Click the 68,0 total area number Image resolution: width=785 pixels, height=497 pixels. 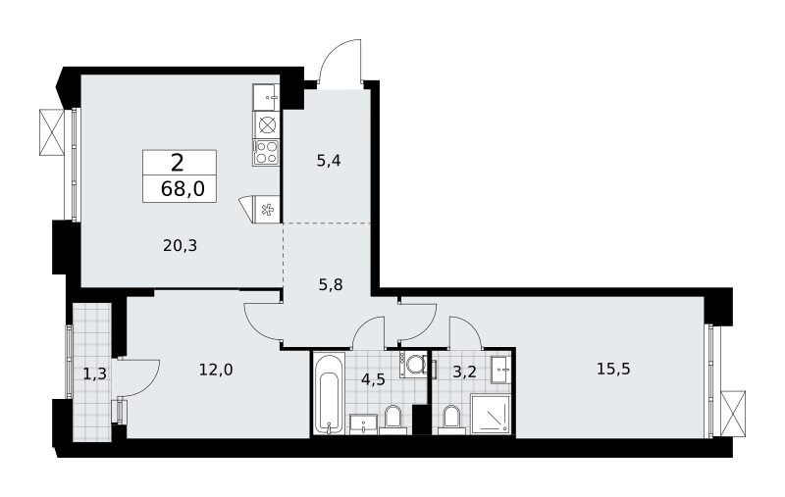point(183,189)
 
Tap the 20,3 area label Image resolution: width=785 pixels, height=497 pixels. point(181,245)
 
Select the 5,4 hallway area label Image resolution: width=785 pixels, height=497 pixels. point(329,161)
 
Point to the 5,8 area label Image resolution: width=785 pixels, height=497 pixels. point(331,285)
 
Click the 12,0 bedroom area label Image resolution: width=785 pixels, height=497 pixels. point(216,370)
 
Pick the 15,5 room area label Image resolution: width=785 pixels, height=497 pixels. point(613,369)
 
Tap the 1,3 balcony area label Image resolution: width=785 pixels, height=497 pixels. point(94,373)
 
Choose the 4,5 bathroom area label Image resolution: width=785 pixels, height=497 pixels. point(373,379)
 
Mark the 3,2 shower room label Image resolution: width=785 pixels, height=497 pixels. point(464,373)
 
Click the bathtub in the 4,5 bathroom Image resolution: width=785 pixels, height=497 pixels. point(330,392)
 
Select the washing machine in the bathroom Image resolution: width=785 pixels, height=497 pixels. point(413,364)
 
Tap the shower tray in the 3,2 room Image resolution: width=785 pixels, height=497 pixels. point(490,414)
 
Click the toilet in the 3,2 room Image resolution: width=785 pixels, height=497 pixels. point(451,419)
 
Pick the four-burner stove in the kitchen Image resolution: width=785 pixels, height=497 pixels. point(266,153)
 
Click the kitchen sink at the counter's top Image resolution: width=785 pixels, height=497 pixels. point(266,97)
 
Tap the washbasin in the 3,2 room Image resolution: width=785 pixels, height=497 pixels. point(500,370)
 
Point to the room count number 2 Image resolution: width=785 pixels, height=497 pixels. point(178,163)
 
